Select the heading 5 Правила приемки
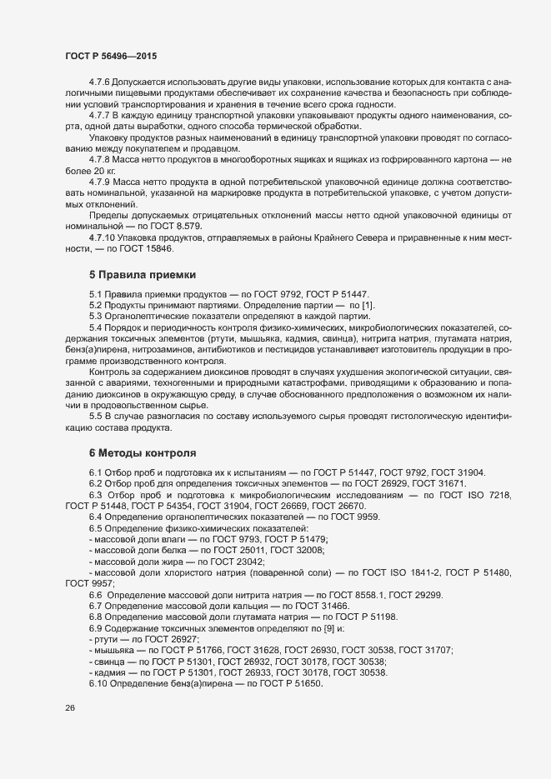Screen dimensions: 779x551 pos(142,274)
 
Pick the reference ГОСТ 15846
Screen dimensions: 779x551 pos(166,249)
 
